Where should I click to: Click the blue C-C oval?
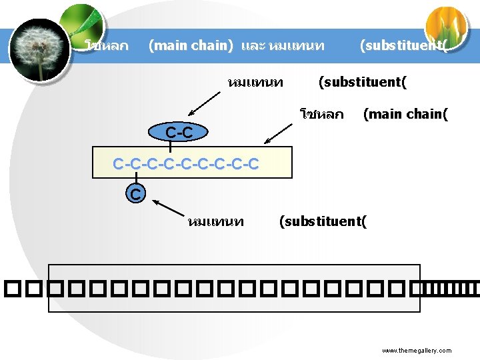pyautogui.click(x=179, y=133)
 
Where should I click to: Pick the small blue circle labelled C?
pyautogui.click(x=135, y=195)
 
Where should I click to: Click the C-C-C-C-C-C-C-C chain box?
pyautogui.click(x=193, y=163)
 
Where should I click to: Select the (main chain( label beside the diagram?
pyautogui.click(x=405, y=114)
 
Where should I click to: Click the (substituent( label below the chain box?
pyautogui.click(x=323, y=221)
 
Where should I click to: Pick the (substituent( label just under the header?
pyautogui.click(x=363, y=83)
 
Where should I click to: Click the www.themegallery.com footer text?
pyautogui.click(x=417, y=351)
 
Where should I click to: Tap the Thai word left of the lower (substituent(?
pyautogui.click(x=216, y=221)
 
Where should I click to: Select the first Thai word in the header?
pyautogui.click(x=107, y=46)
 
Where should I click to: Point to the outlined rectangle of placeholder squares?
pyautogui.click(x=235, y=288)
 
